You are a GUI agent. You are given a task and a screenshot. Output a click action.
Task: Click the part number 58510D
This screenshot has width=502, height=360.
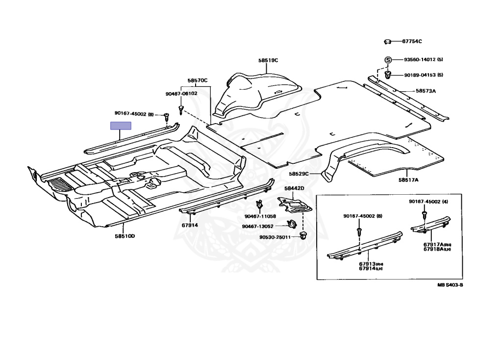coord(125,236)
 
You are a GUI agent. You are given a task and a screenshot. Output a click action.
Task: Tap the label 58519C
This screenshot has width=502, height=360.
coord(268,60)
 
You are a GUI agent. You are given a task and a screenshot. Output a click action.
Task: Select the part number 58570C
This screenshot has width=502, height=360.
coord(198,80)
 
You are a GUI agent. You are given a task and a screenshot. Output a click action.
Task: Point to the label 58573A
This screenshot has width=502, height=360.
coord(426,91)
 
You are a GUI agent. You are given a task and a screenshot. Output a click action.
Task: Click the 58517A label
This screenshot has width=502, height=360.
coord(408,180)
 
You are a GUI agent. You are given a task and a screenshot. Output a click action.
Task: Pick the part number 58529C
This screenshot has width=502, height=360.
coord(299,174)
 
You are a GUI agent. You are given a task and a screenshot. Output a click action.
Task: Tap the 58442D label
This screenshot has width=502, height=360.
coord(294,188)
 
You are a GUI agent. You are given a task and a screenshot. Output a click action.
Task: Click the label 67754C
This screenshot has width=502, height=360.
coord(412,42)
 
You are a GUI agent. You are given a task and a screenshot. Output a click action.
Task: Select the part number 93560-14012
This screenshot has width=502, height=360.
coord(420,60)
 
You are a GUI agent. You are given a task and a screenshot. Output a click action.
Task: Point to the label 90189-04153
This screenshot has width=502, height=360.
coord(420,75)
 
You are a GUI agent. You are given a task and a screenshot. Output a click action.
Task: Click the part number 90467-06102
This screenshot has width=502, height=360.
coord(181,93)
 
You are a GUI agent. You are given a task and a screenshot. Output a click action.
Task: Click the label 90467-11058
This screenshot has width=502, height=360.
coord(260,216)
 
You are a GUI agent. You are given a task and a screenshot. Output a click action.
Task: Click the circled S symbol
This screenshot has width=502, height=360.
coord(387,60)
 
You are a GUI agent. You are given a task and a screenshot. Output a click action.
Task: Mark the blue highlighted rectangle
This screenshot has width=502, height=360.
coord(121,126)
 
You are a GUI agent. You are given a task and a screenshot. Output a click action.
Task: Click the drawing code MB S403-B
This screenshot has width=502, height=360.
coord(451,284)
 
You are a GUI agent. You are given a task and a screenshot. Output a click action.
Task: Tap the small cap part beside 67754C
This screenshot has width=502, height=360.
coord(387,42)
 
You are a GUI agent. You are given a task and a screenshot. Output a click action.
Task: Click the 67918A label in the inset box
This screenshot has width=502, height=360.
coord(434,249)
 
